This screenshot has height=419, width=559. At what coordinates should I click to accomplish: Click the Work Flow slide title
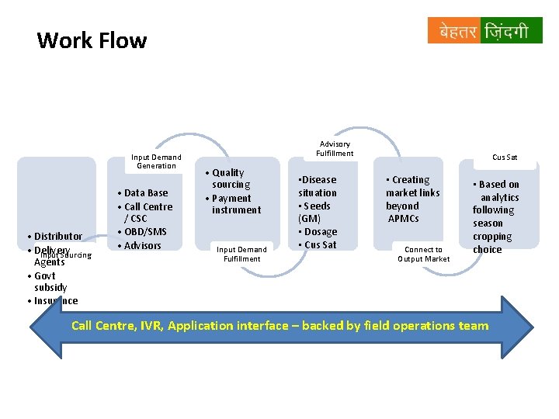pos(92,40)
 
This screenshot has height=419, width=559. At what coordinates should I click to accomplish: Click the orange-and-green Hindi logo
pos(484,31)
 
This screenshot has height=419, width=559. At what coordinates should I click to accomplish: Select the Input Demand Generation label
pos(156,161)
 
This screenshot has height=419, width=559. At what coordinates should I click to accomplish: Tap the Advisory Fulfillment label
pos(335,148)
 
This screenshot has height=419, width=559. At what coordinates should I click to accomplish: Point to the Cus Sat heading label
pos(505,157)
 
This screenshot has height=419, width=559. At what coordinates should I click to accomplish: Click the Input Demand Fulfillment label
pos(241,254)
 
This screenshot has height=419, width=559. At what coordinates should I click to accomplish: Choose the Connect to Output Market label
pos(423,254)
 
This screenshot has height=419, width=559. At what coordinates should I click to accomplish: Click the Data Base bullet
pos(144,192)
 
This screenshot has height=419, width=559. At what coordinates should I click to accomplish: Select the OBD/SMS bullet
pos(144,232)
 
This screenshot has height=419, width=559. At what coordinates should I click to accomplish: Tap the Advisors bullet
pos(141,246)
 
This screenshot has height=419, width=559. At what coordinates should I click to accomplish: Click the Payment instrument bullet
pos(234,204)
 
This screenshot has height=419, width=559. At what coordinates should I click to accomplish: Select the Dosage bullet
pos(319,231)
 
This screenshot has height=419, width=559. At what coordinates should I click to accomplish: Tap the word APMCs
pos(404,218)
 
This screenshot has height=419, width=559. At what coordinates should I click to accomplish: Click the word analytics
pos(499,197)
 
